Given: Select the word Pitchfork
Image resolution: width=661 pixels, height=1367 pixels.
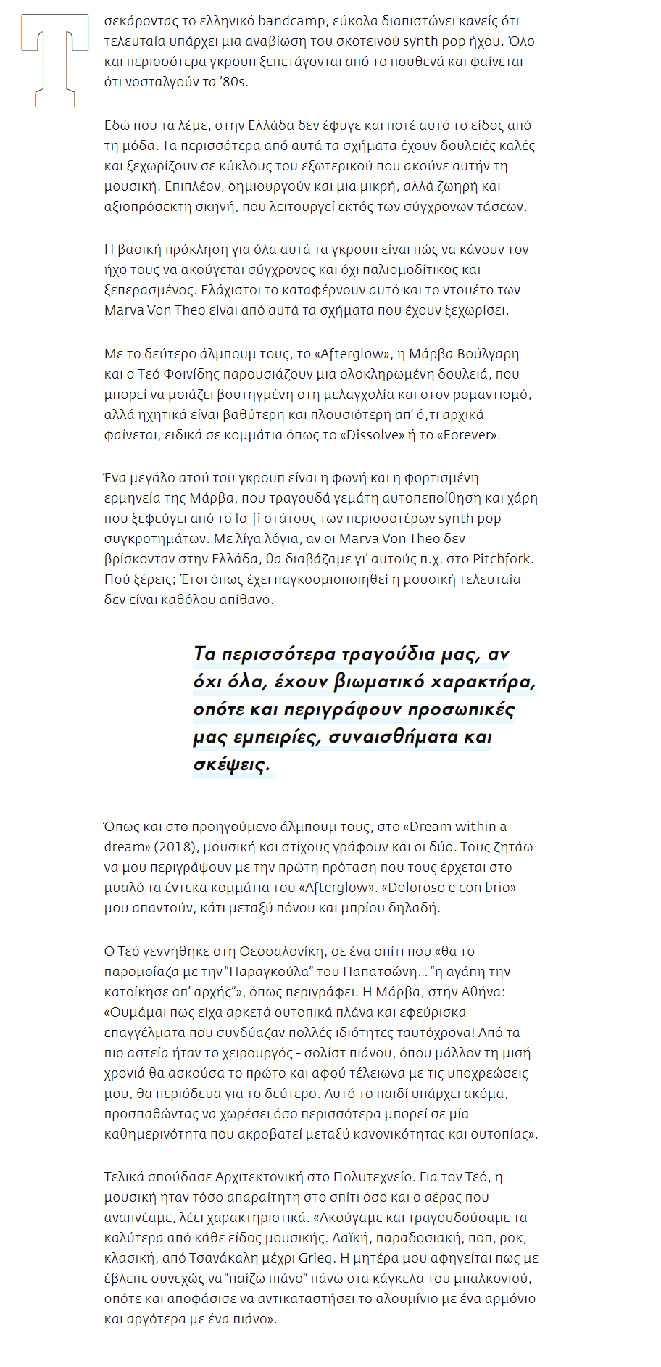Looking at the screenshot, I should pyautogui.click(x=502, y=559).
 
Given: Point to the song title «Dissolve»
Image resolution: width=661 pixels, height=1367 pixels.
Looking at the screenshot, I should pyautogui.click(x=375, y=435).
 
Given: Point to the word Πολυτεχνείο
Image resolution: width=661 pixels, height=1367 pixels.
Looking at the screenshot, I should pyautogui.click(x=374, y=1177).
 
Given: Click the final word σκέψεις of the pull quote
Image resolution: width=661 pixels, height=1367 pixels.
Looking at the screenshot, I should pyautogui.click(x=232, y=764).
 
